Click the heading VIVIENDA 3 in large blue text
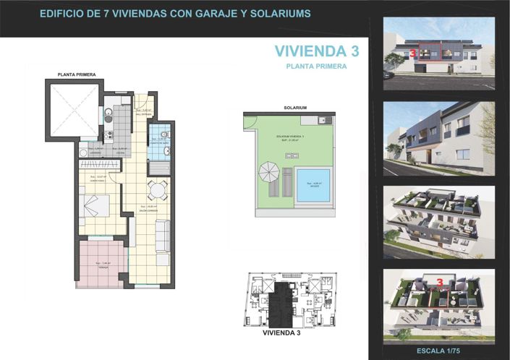[318, 51]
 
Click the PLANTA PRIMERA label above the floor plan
[77, 74]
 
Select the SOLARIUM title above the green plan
[296, 107]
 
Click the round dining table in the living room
[157, 190]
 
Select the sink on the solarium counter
[325, 120]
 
